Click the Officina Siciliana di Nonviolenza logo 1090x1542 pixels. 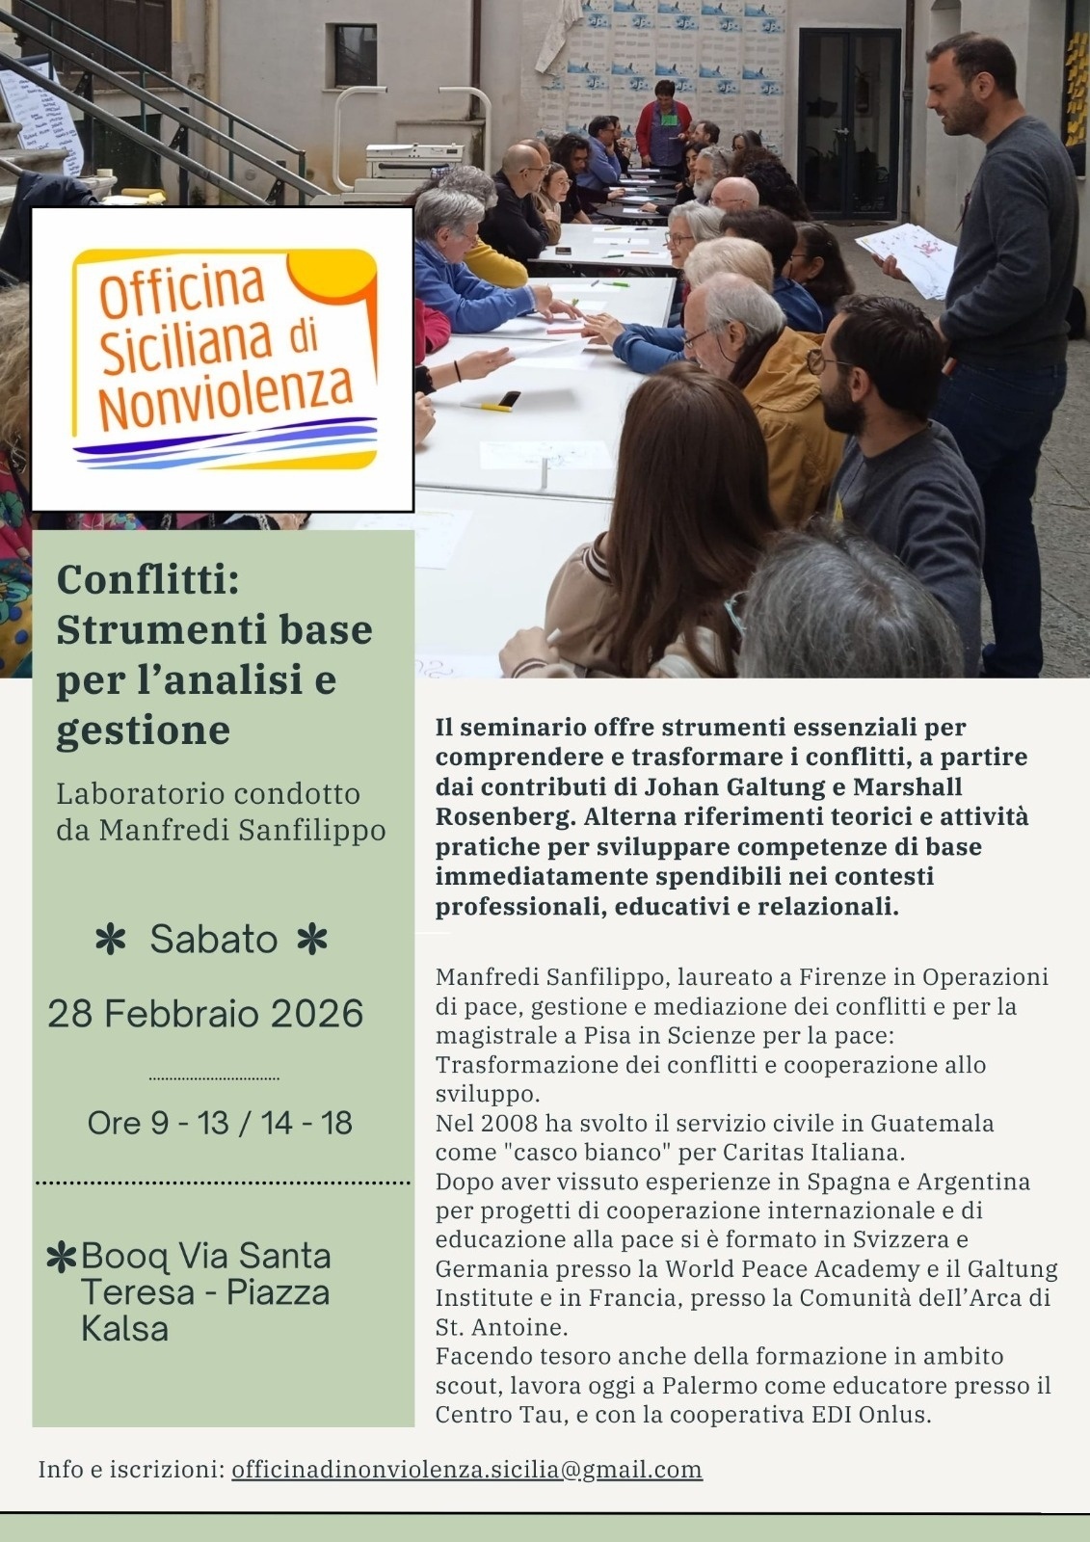click(x=223, y=359)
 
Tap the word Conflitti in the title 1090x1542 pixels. click(x=146, y=580)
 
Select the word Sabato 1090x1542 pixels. click(x=214, y=939)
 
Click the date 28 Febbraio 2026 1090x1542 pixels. click(x=205, y=1014)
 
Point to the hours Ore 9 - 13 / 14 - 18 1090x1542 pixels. click(x=220, y=1123)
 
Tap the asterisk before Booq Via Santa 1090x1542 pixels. click(x=62, y=1258)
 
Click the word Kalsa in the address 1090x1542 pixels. click(x=124, y=1329)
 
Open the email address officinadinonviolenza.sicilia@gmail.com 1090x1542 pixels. click(x=466, y=1470)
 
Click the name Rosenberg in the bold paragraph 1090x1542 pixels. click(x=499, y=816)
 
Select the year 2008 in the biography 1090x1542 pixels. click(x=510, y=1124)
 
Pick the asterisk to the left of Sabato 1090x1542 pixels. click(x=112, y=940)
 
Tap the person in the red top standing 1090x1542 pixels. click(x=663, y=122)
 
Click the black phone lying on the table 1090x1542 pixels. click(x=508, y=399)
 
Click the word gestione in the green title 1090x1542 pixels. click(x=143, y=730)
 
